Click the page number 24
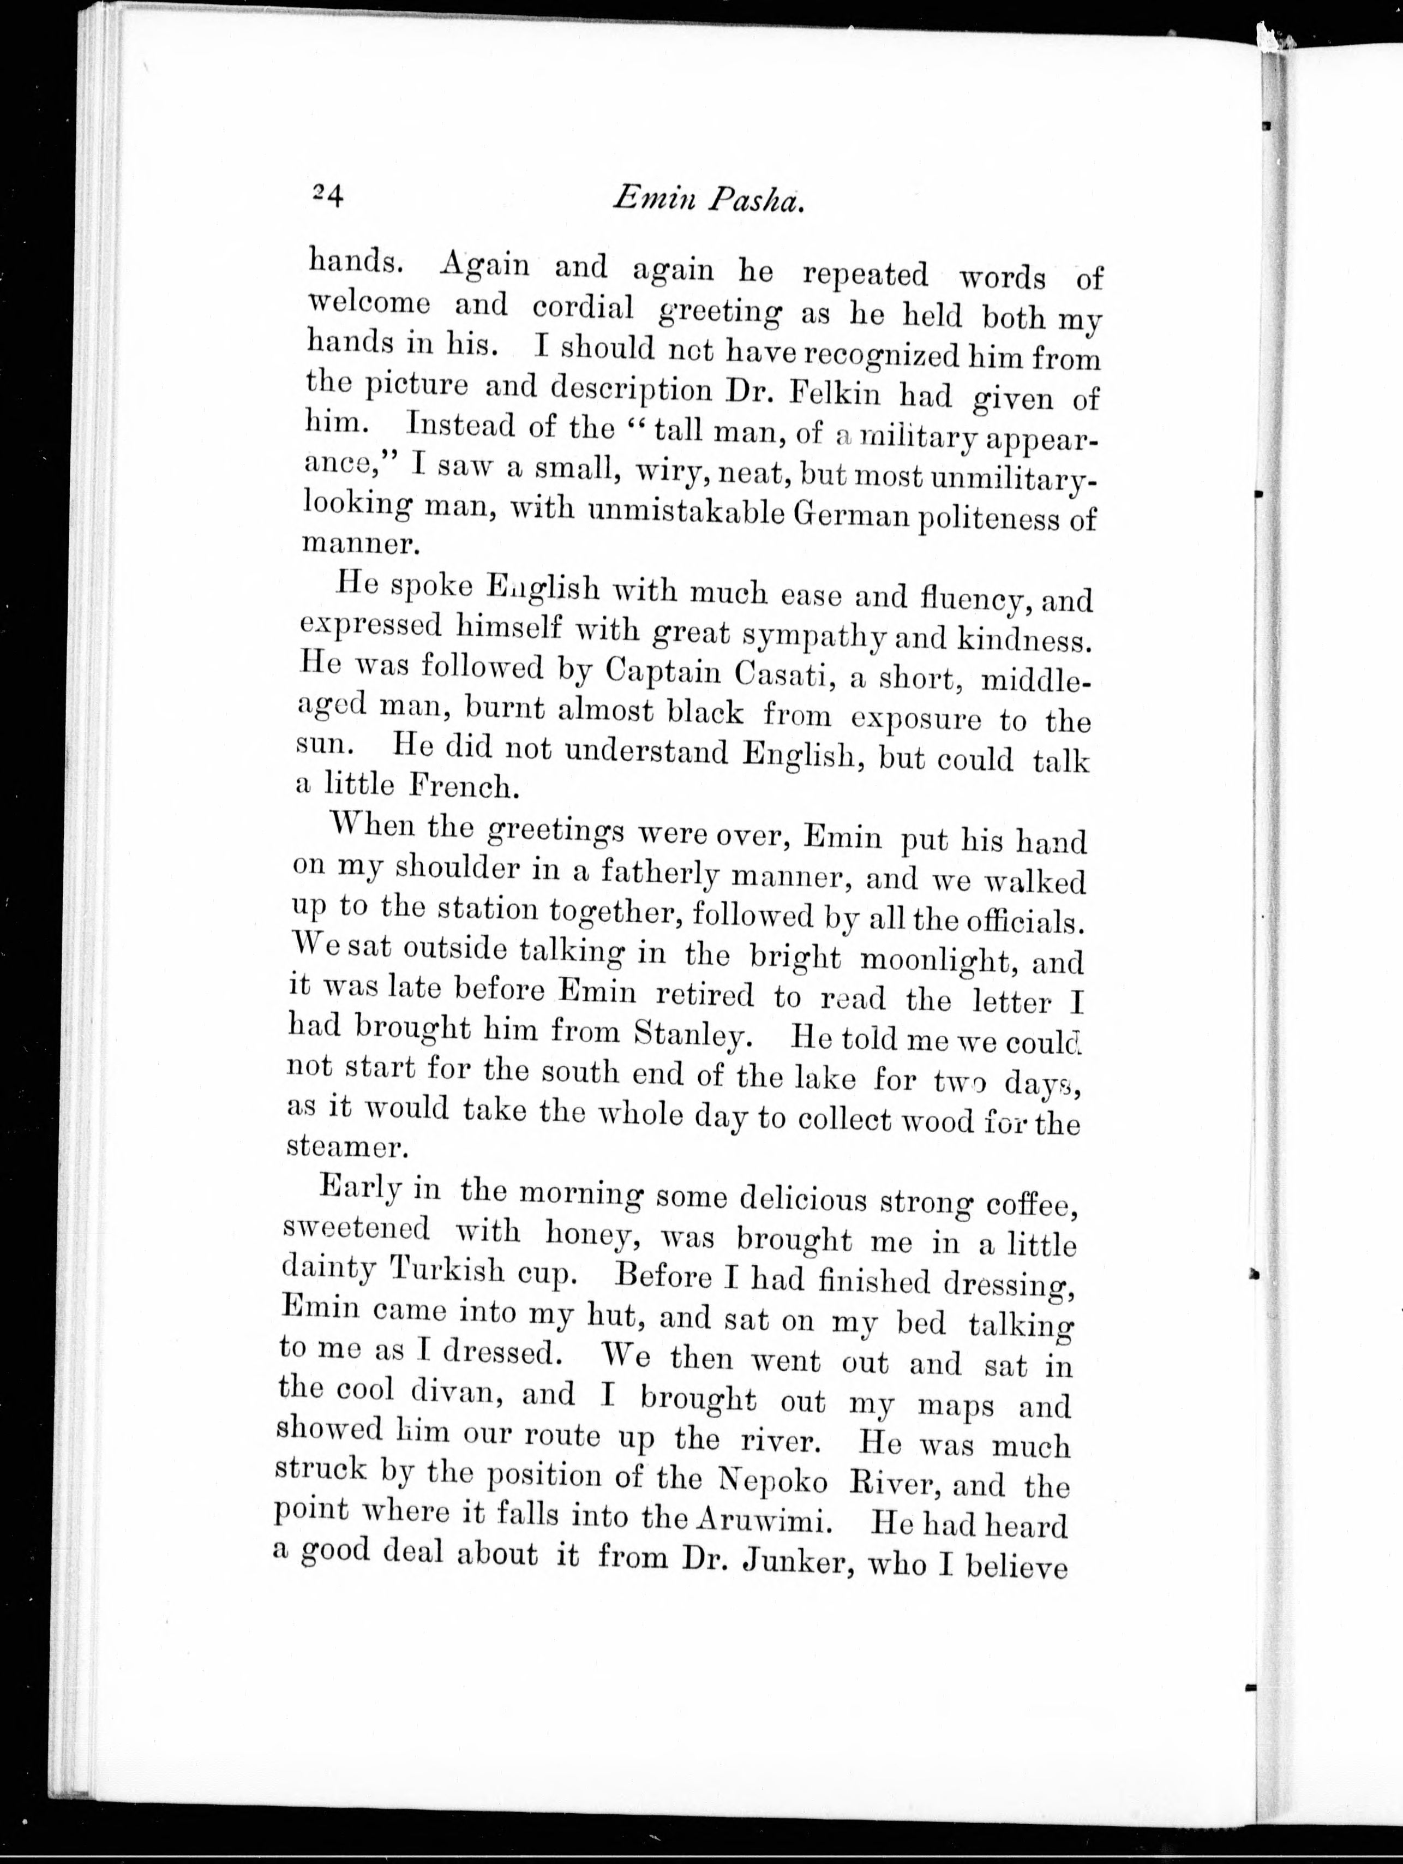(x=327, y=195)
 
